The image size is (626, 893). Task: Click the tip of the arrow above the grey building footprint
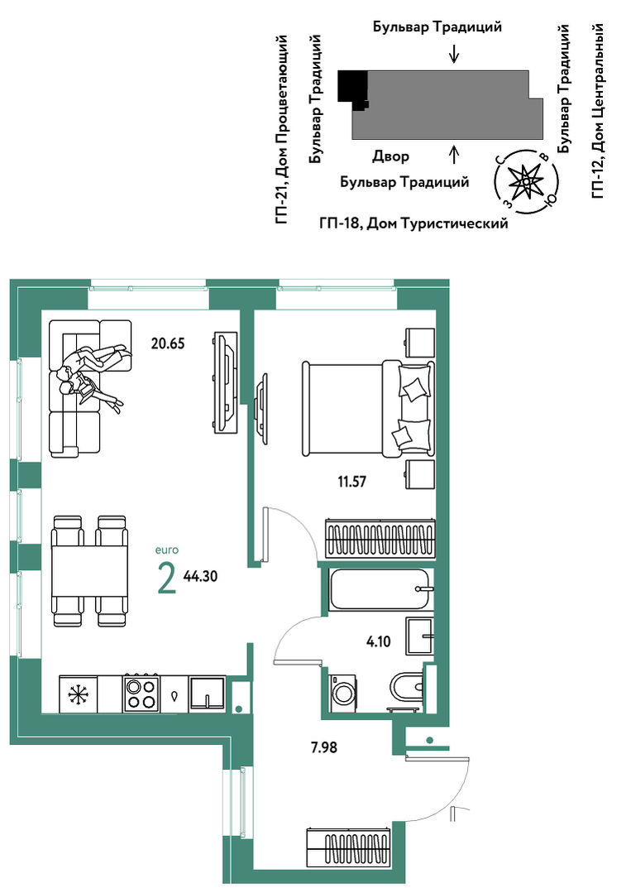coord(453,62)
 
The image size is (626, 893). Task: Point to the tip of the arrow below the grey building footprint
coord(453,146)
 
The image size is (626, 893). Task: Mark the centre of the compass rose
coord(527,181)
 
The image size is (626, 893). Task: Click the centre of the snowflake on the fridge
coord(78,694)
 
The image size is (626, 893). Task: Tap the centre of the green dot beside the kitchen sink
coord(239,708)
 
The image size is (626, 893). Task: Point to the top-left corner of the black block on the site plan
coord(338,71)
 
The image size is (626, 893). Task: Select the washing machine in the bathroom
coord(342,693)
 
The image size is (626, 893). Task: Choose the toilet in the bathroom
coord(406,687)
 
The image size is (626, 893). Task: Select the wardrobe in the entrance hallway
coord(349,848)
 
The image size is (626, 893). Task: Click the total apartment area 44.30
coord(200,576)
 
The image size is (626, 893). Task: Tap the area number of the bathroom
coord(379,642)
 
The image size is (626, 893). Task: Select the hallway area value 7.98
coord(324,747)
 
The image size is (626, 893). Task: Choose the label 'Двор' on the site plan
coord(390,156)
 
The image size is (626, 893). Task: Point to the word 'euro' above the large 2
coord(167,550)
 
